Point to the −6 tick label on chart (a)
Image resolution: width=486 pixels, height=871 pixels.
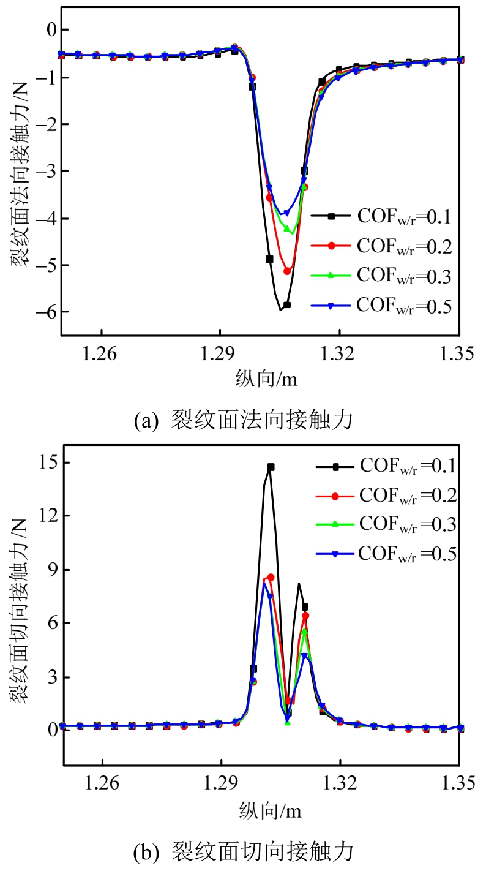click(46, 312)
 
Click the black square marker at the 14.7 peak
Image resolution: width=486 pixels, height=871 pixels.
click(271, 467)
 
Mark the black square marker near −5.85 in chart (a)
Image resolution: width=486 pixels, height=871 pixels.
click(286, 304)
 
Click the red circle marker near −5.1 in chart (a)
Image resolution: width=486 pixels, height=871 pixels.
click(288, 271)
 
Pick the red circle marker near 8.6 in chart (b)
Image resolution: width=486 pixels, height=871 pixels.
click(271, 577)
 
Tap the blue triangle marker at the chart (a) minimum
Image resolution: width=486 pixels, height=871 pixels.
click(285, 213)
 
